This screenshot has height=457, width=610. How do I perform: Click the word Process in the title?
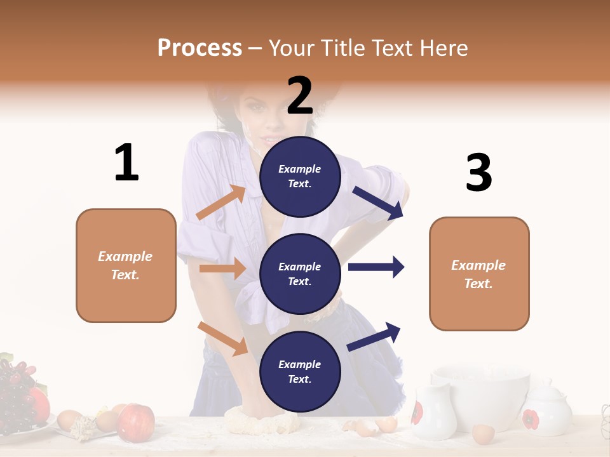pos(200,48)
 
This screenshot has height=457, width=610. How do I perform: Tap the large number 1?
pos(126,162)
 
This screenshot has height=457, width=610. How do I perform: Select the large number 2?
pos(300,96)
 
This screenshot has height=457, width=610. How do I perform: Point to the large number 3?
pos(478,173)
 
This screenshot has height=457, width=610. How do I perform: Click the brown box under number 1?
pos(126,265)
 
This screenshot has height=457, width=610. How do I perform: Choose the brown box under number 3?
pos(479,274)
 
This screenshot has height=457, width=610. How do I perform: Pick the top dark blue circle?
pos(300,176)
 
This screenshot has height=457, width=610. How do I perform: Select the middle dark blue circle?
pos(300,274)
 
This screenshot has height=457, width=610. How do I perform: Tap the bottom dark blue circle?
pos(300,371)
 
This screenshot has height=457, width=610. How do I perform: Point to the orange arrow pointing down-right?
pos(223,338)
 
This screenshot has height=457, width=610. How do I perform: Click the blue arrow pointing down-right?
pos(379,203)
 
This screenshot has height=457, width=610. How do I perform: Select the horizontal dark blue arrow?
pos(376,267)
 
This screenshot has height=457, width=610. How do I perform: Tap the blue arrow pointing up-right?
pos(374,336)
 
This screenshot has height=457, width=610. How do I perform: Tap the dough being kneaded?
pos(261,421)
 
